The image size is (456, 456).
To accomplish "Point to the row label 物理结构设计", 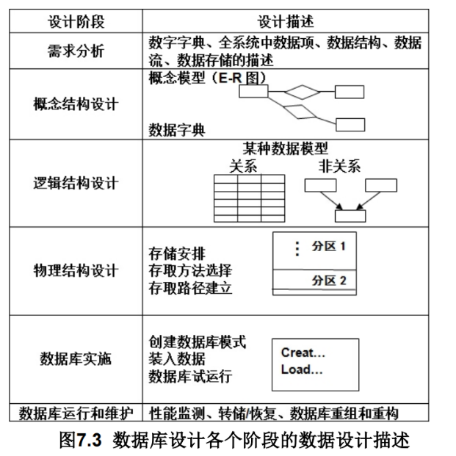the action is [x=76, y=271].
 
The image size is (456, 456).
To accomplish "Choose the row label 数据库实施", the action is [x=76, y=359].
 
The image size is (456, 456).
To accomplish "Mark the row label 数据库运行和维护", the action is [x=76, y=412].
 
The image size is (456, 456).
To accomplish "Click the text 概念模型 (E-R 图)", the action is [x=206, y=77].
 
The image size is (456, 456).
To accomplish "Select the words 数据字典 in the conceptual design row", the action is [x=177, y=131].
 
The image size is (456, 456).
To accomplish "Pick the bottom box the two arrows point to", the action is [x=350, y=216].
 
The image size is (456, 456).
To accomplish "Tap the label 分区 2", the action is [x=328, y=281].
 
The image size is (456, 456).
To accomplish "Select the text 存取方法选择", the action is [x=190, y=271].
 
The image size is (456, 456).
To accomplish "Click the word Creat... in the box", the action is [x=303, y=352].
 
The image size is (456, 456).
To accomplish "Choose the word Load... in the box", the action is [x=301, y=369].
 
